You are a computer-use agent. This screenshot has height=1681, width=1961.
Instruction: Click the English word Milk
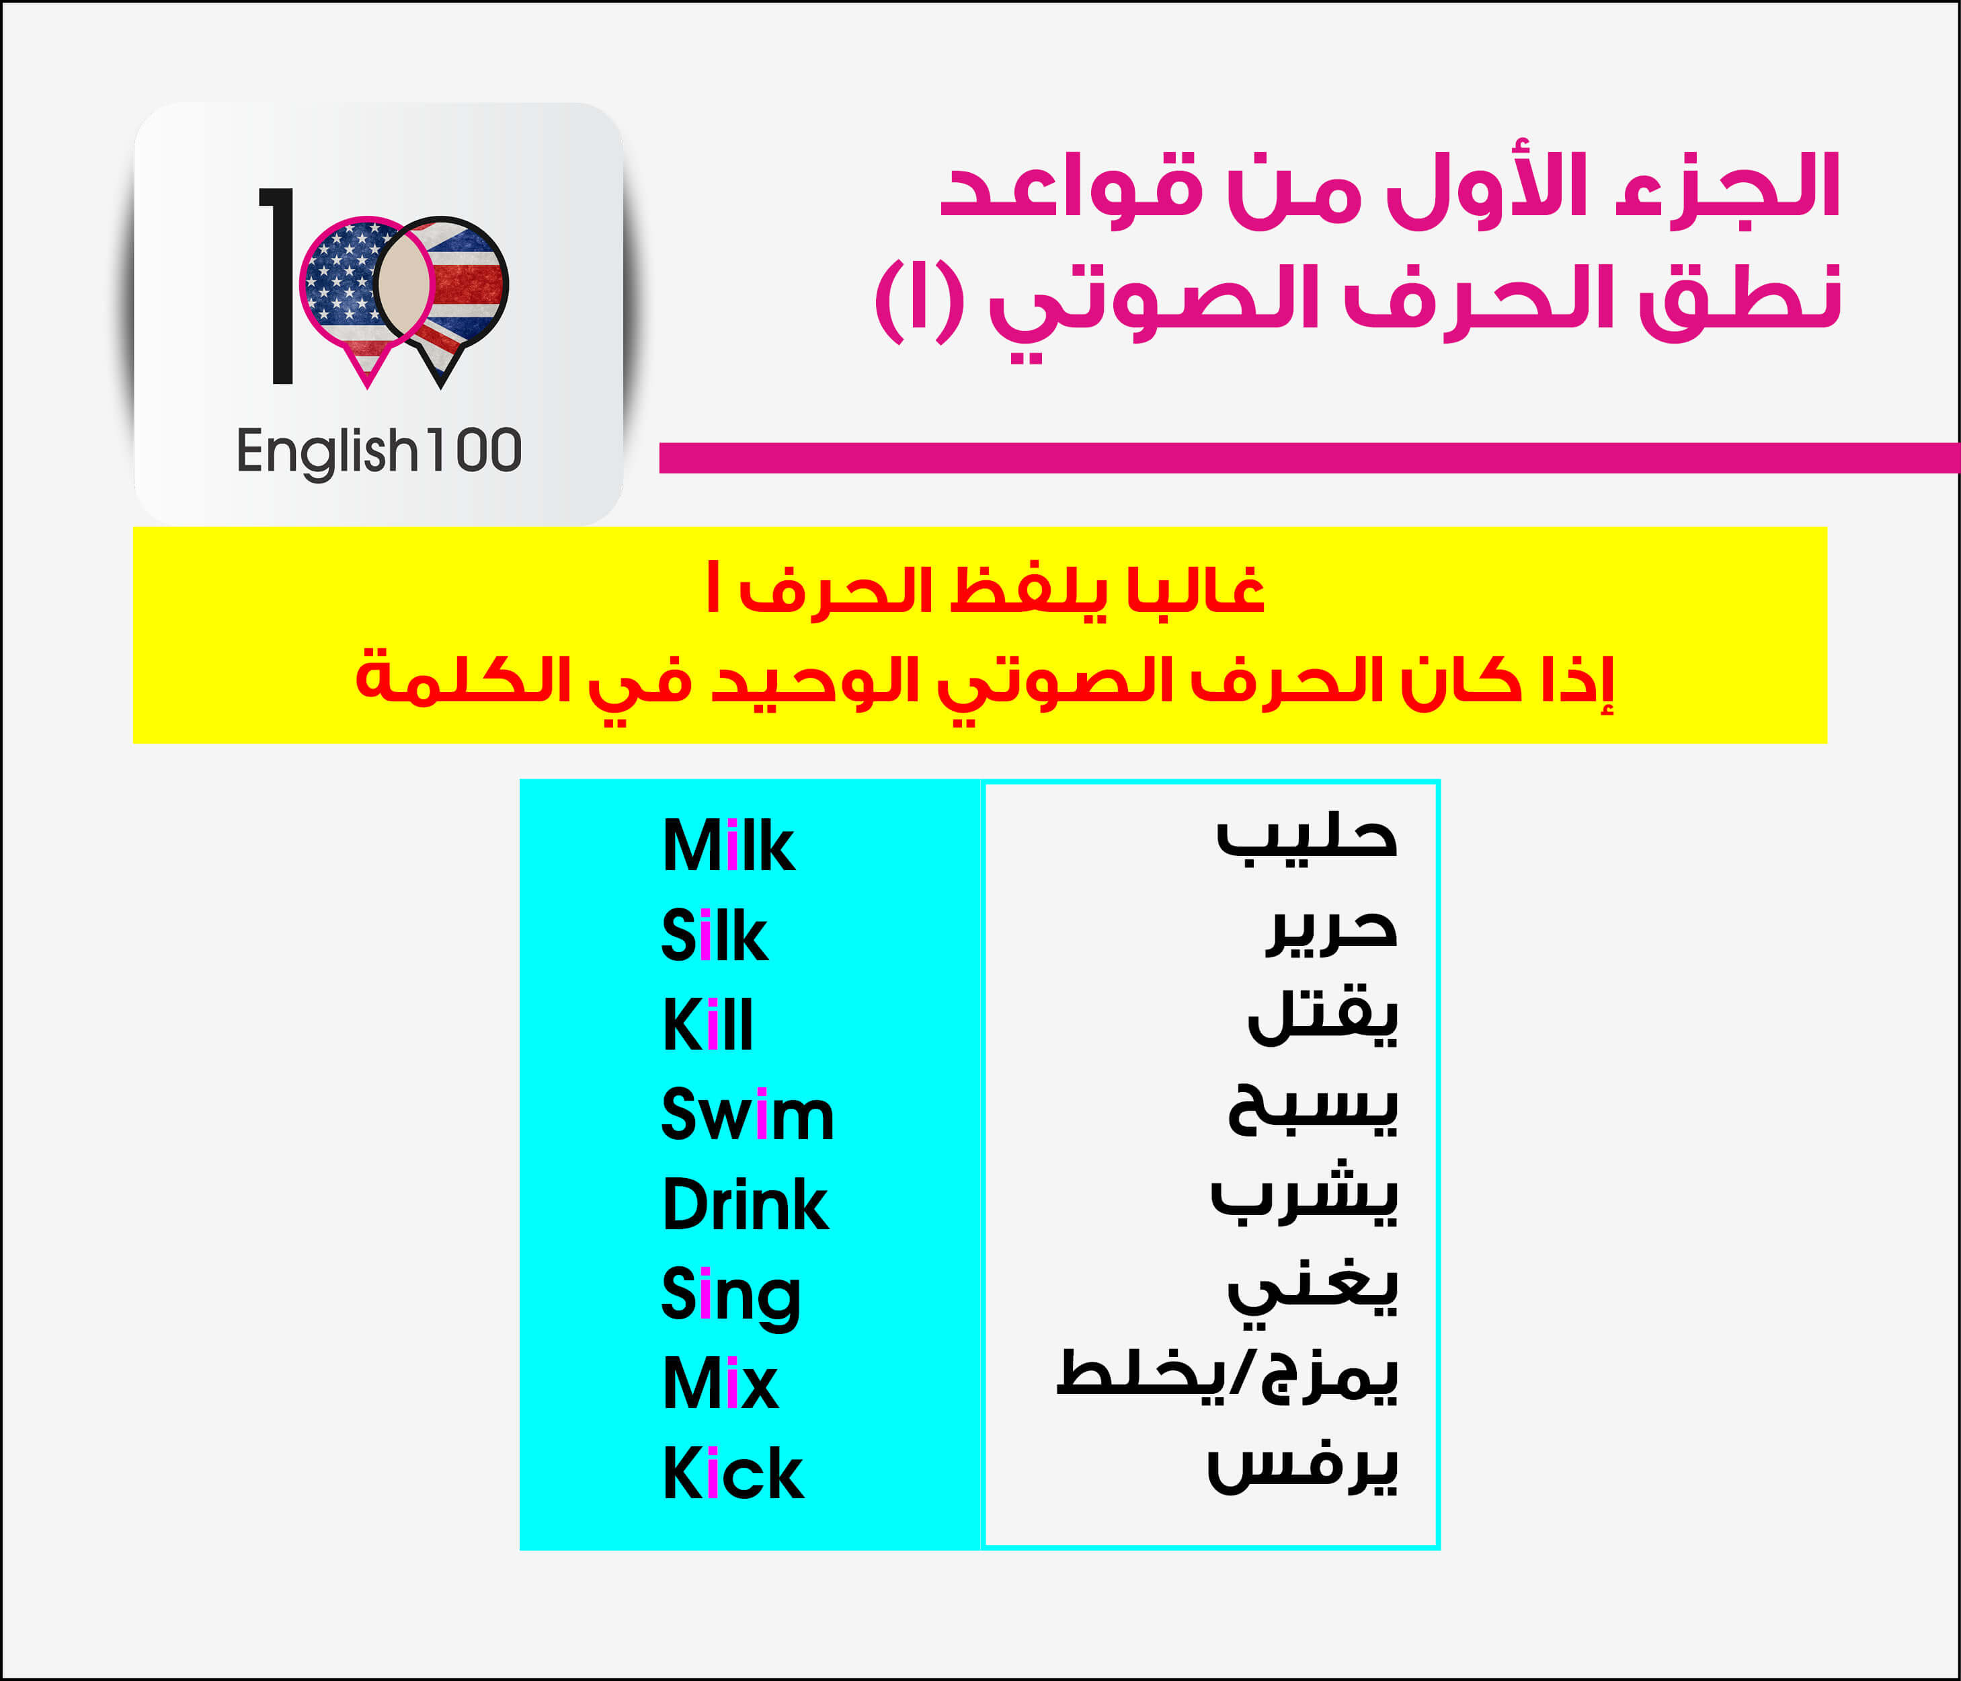pyautogui.click(x=728, y=845)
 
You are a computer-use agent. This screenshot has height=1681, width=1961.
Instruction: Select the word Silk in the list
pyautogui.click(x=715, y=935)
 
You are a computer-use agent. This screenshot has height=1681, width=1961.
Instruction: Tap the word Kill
pyautogui.click(x=708, y=1025)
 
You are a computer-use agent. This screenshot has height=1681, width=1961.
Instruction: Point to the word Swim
pyautogui.click(x=748, y=1114)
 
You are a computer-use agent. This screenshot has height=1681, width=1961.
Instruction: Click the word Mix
pyautogui.click(x=720, y=1383)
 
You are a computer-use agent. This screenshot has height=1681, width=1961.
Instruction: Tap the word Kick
pyautogui.click(x=733, y=1473)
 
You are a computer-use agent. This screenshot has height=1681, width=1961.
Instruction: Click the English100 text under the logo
pyautogui.click(x=378, y=451)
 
